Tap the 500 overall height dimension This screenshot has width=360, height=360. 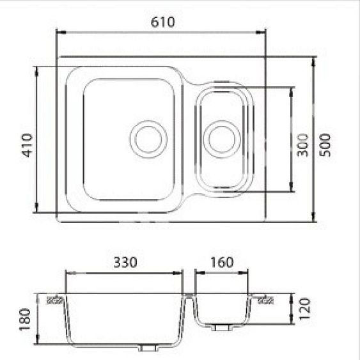point(326,146)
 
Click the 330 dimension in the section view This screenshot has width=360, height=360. point(125,262)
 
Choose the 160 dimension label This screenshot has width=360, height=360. point(221,262)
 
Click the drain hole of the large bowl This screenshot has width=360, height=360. point(148,138)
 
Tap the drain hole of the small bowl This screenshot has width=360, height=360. point(220,139)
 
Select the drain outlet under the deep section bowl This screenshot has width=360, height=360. point(148,349)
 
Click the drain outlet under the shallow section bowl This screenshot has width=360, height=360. point(221,327)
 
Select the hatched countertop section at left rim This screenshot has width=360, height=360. point(56,298)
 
